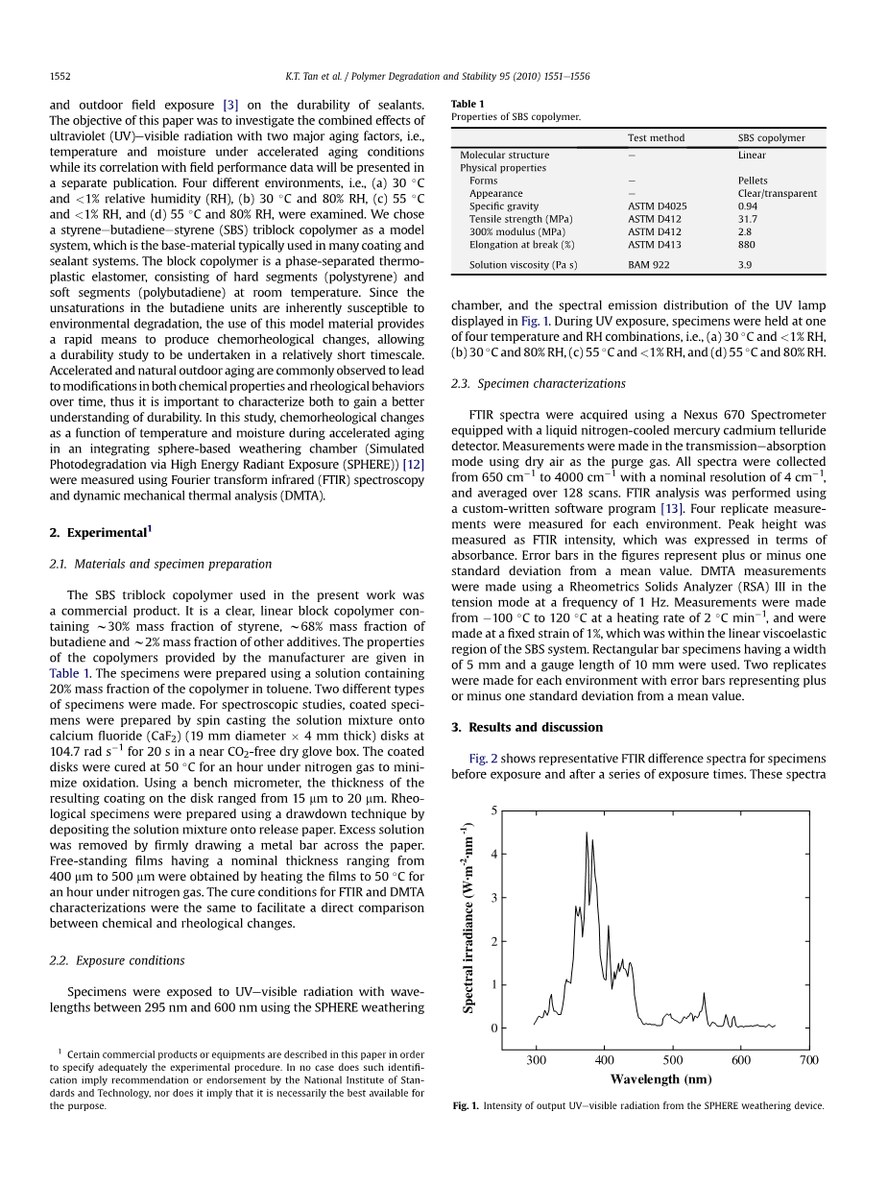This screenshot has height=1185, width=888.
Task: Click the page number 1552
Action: click(x=60, y=75)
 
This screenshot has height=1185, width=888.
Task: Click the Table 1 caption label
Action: click(x=468, y=104)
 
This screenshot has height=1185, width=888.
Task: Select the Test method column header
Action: click(x=656, y=138)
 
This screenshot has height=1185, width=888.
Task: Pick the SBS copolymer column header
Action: click(x=771, y=138)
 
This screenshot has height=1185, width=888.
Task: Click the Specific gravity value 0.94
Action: click(x=748, y=206)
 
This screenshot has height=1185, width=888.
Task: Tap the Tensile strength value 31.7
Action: click(x=748, y=219)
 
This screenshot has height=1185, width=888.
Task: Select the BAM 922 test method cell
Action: click(x=648, y=265)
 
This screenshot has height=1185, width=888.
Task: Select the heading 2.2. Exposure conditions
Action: click(x=116, y=960)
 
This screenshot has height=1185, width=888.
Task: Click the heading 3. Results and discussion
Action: click(x=527, y=727)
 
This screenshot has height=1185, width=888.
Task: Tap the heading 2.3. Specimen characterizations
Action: click(x=538, y=383)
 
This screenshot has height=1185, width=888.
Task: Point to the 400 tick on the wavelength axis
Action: click(x=605, y=1060)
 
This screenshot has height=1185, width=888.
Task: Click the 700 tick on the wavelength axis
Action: click(x=809, y=1060)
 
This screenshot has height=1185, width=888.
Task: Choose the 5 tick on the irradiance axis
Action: click(x=493, y=810)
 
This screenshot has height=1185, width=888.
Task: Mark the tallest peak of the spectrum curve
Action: click(x=587, y=833)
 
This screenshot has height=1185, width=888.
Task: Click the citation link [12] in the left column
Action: click(x=413, y=465)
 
